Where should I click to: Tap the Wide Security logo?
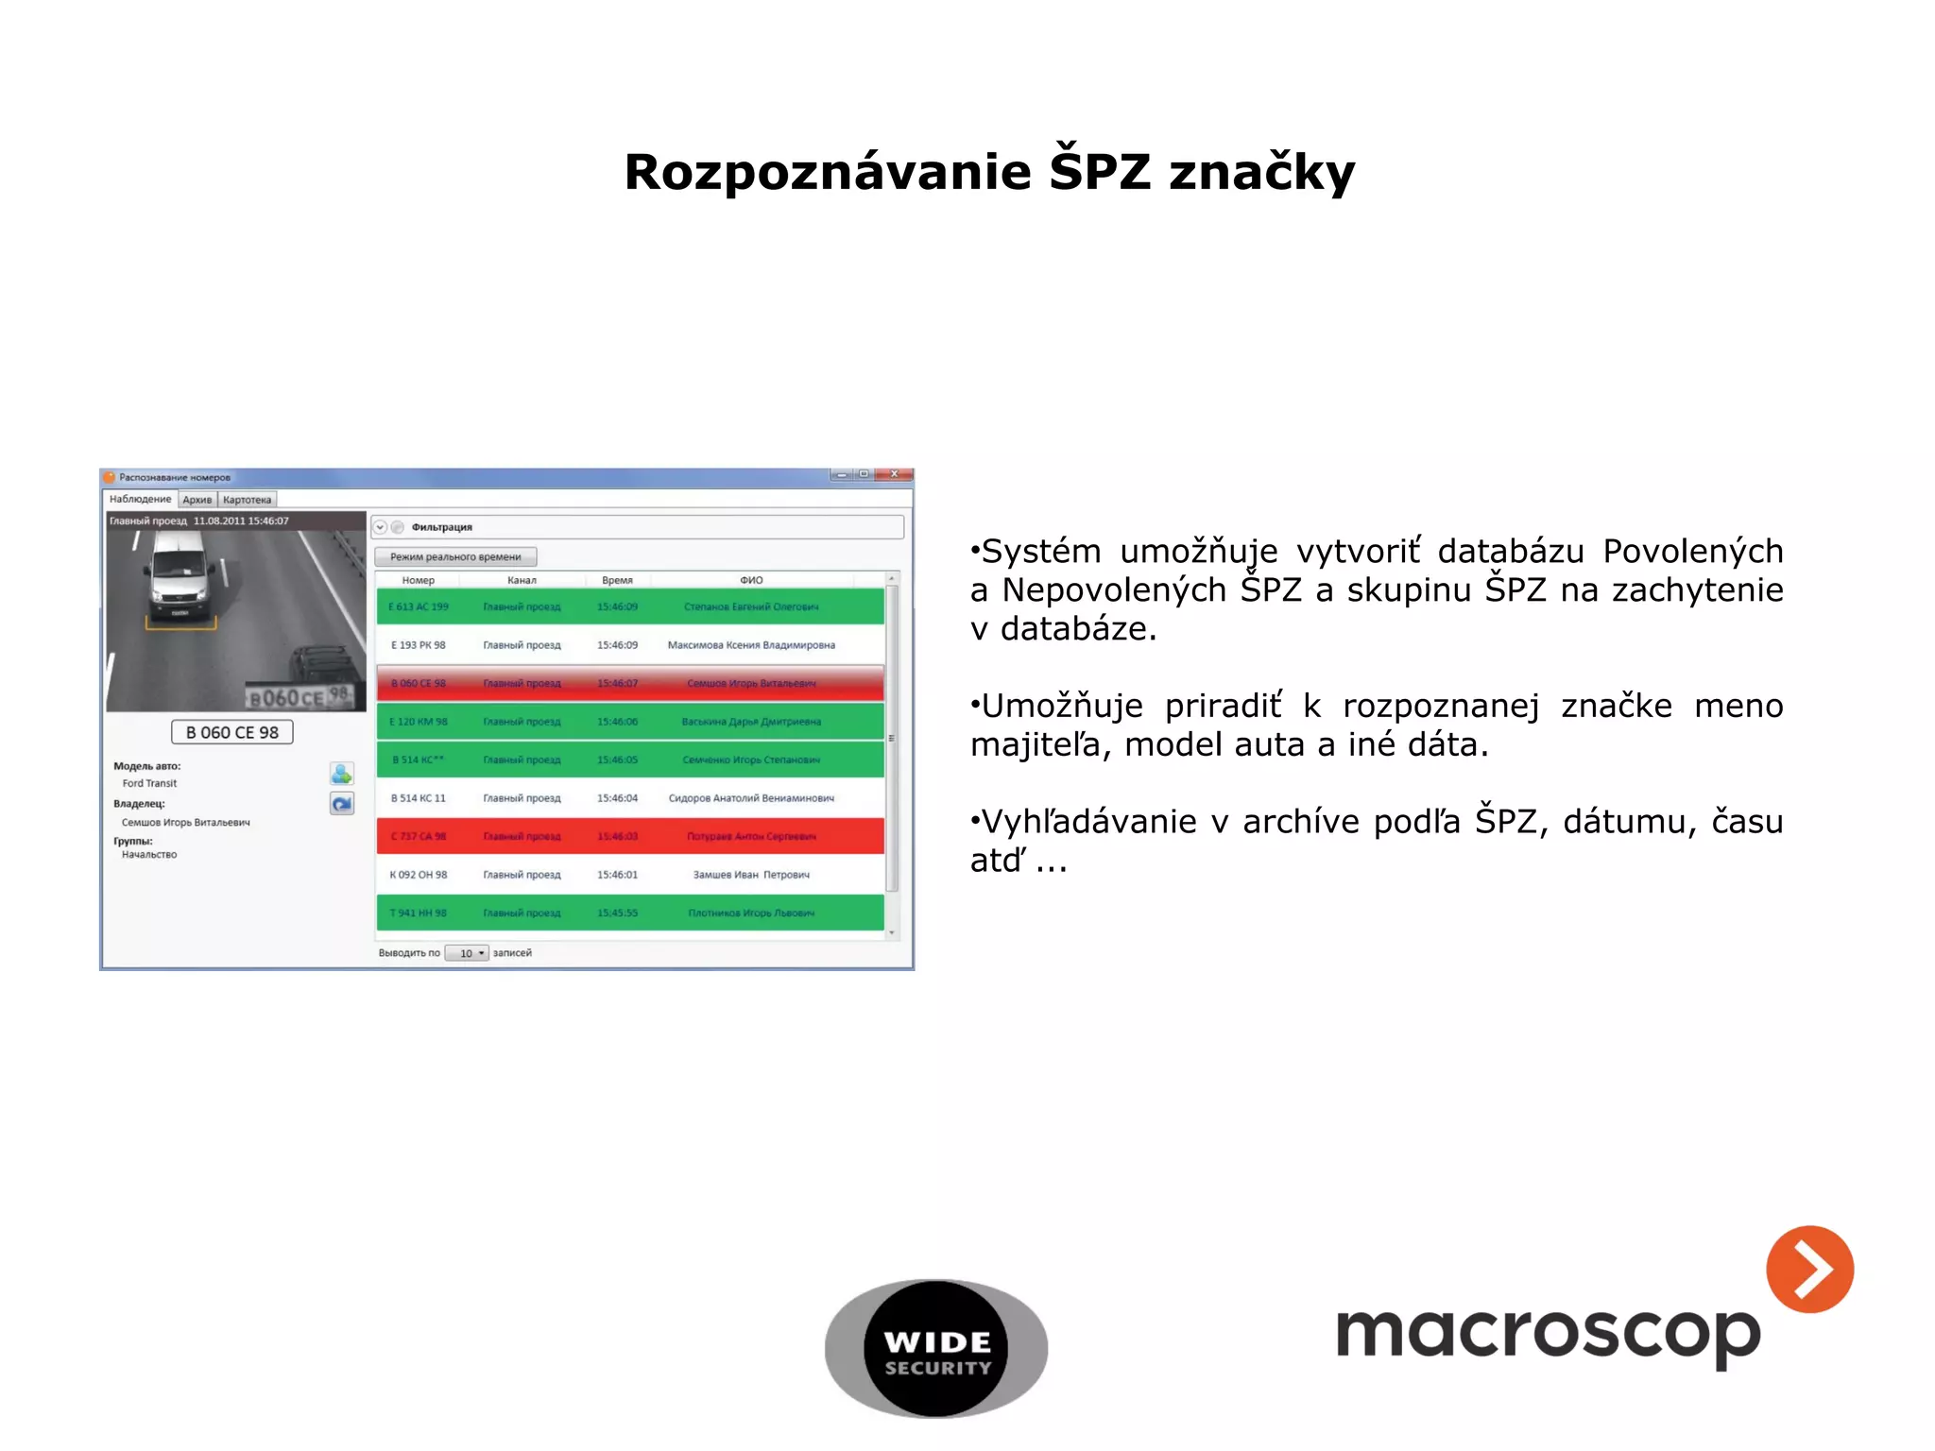point(935,1349)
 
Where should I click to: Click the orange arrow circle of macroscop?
point(1809,1269)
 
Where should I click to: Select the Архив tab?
point(197,500)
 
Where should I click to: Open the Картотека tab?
point(248,500)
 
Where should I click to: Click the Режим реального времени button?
point(455,556)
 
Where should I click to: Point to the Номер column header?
point(419,580)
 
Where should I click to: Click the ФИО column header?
point(751,580)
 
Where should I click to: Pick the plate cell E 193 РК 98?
point(419,645)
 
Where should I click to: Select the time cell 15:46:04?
point(617,798)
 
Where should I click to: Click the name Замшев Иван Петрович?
point(751,875)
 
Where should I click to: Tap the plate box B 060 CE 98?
point(232,732)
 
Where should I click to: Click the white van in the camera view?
point(180,576)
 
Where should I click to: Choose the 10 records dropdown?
point(467,953)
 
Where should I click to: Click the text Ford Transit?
point(149,783)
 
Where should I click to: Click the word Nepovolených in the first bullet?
point(1112,590)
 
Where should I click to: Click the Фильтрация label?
point(441,527)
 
